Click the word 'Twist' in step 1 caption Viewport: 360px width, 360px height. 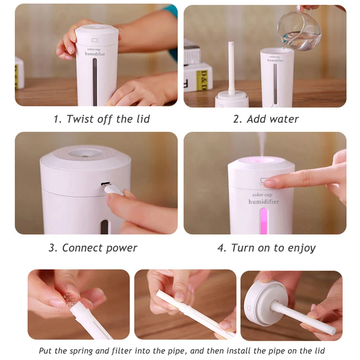click(80, 119)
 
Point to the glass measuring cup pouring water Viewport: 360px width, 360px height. click(298, 30)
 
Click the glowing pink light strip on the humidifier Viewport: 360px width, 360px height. click(264, 221)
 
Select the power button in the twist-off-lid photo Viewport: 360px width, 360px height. click(94, 40)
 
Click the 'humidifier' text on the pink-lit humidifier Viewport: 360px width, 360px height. click(264, 202)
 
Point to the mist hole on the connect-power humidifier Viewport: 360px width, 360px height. click(85, 152)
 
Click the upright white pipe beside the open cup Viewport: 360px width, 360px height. click(231, 68)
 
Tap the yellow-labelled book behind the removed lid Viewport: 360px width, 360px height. click(198, 77)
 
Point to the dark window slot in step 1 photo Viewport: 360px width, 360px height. click(95, 82)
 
